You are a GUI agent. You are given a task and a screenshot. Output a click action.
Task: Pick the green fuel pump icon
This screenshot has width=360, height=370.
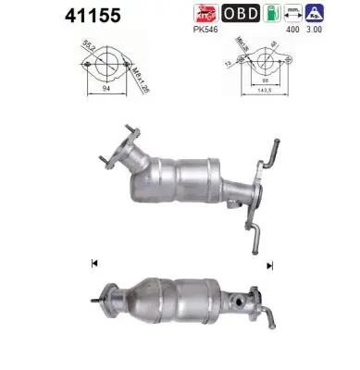[x=271, y=15]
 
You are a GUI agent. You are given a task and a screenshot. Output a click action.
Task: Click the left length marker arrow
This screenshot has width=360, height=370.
[x=93, y=264]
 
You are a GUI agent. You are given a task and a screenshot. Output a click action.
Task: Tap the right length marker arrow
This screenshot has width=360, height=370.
[x=269, y=264]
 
